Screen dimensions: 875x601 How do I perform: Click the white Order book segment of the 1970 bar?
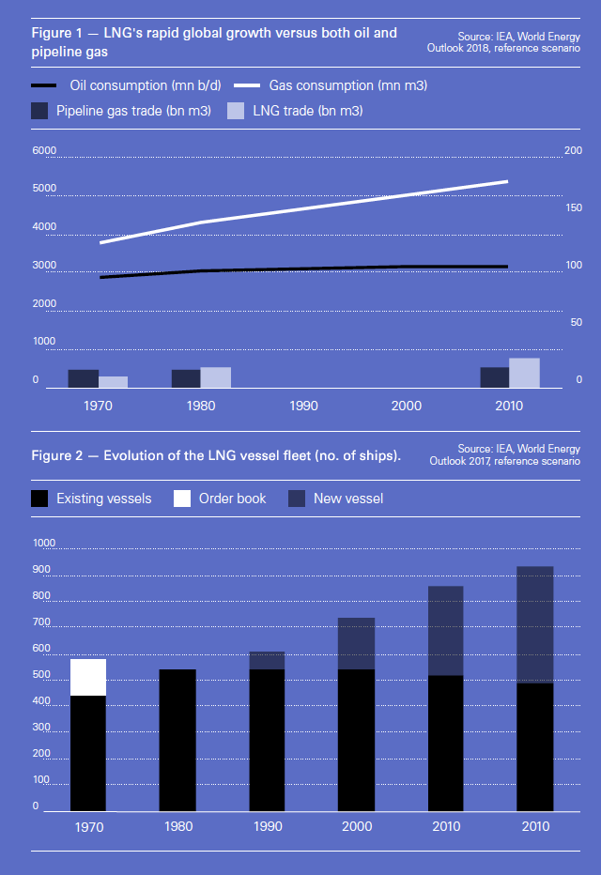pyautogui.click(x=88, y=677)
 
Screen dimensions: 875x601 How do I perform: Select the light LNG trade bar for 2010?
pyautogui.click(x=524, y=373)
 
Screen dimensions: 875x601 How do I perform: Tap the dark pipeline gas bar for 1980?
pyautogui.click(x=186, y=378)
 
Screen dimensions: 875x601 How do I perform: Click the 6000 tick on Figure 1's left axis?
pyautogui.click(x=44, y=151)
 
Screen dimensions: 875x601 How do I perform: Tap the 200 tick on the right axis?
pyautogui.click(x=573, y=151)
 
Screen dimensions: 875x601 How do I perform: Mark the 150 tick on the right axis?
pyautogui.click(x=573, y=208)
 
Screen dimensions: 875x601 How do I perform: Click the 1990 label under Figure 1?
pyautogui.click(x=303, y=406)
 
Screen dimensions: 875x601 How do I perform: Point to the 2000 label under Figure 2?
pyautogui.click(x=357, y=826)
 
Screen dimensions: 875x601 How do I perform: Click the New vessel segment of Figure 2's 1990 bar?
pyautogui.click(x=267, y=660)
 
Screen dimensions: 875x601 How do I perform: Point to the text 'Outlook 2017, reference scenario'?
pyautogui.click(x=505, y=461)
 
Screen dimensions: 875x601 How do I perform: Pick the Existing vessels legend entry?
pyautogui.click(x=91, y=499)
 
